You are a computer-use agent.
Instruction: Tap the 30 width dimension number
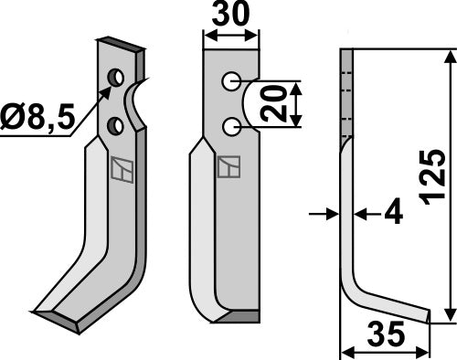[x=229, y=17]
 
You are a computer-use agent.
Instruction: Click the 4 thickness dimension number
[x=393, y=215]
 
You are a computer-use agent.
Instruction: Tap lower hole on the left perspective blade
[x=114, y=123]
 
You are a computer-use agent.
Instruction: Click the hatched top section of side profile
[x=345, y=91]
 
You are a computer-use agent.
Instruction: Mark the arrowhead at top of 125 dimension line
[x=448, y=57]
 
